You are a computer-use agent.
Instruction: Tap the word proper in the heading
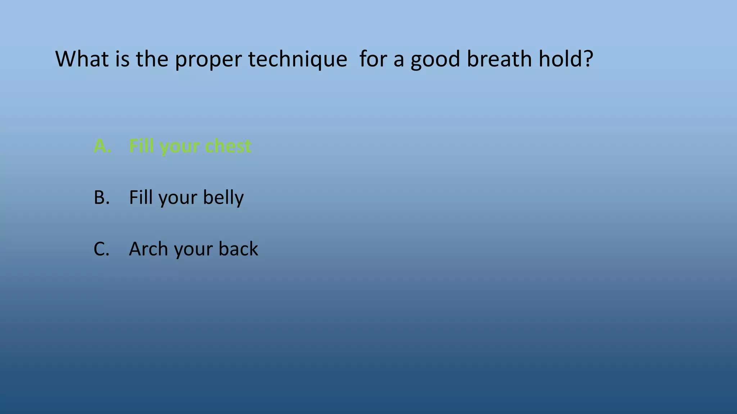pos(208,59)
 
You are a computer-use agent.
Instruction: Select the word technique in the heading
pos(298,59)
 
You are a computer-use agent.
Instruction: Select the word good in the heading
pos(435,59)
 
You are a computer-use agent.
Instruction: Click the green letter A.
pos(101,146)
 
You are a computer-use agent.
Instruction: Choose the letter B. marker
pos(101,197)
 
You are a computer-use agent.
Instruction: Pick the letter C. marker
pos(101,249)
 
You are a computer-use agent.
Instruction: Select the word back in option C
pos(238,249)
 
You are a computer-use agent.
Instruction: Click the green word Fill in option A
pos(141,146)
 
